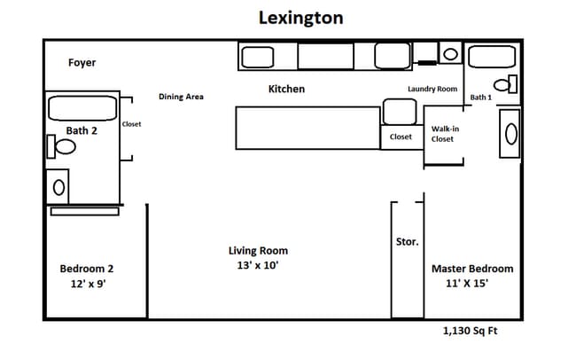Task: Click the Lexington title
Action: (301, 18)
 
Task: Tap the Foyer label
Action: (82, 63)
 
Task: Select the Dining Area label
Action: (181, 97)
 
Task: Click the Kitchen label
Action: (286, 89)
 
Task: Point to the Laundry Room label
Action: (432, 89)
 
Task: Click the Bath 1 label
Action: (481, 98)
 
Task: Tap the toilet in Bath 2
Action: (61, 146)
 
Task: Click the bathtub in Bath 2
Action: (82, 108)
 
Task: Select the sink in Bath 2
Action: (58, 188)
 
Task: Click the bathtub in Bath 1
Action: (492, 57)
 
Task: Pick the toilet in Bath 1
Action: (505, 85)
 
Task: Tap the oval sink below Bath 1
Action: (511, 134)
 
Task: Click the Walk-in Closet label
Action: (445, 134)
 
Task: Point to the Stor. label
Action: (408, 242)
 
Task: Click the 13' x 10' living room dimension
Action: (258, 265)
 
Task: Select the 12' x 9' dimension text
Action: (88, 284)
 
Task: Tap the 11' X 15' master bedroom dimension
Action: (467, 284)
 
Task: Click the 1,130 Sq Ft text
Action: (471, 331)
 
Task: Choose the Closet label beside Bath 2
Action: (131, 124)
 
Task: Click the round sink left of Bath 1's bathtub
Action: (451, 54)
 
